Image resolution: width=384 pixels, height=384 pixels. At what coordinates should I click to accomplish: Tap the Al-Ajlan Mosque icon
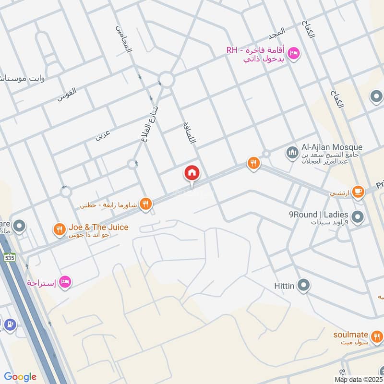292,153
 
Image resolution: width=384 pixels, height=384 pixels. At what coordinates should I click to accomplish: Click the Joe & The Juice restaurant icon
60,229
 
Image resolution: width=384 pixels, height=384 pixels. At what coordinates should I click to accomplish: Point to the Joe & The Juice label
98,227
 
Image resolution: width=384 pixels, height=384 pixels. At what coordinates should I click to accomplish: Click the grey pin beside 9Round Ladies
357,217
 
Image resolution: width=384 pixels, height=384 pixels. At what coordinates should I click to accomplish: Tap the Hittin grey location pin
303,286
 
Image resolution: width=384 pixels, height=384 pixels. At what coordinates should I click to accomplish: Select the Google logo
20,377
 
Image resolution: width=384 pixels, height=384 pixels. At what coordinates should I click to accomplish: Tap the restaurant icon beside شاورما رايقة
147,204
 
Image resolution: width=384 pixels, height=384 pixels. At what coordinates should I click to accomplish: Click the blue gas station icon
9,324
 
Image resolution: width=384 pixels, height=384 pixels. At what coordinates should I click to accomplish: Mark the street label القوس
67,94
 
